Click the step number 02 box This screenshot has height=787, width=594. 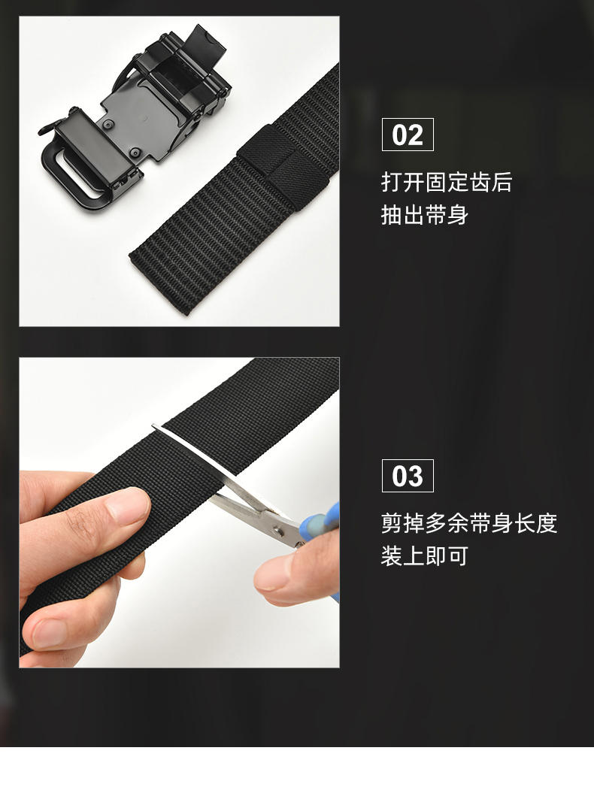(408, 135)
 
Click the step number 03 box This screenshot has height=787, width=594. (408, 476)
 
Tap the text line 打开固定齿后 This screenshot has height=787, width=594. (447, 182)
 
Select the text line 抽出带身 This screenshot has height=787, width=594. (424, 215)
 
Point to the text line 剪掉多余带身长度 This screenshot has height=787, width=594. (469, 523)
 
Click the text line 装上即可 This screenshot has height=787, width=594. (424, 556)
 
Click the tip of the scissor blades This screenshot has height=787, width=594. (153, 426)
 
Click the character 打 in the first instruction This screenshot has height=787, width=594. (392, 182)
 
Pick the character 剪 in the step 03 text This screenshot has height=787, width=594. (392, 523)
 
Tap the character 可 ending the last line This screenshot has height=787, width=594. (458, 556)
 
